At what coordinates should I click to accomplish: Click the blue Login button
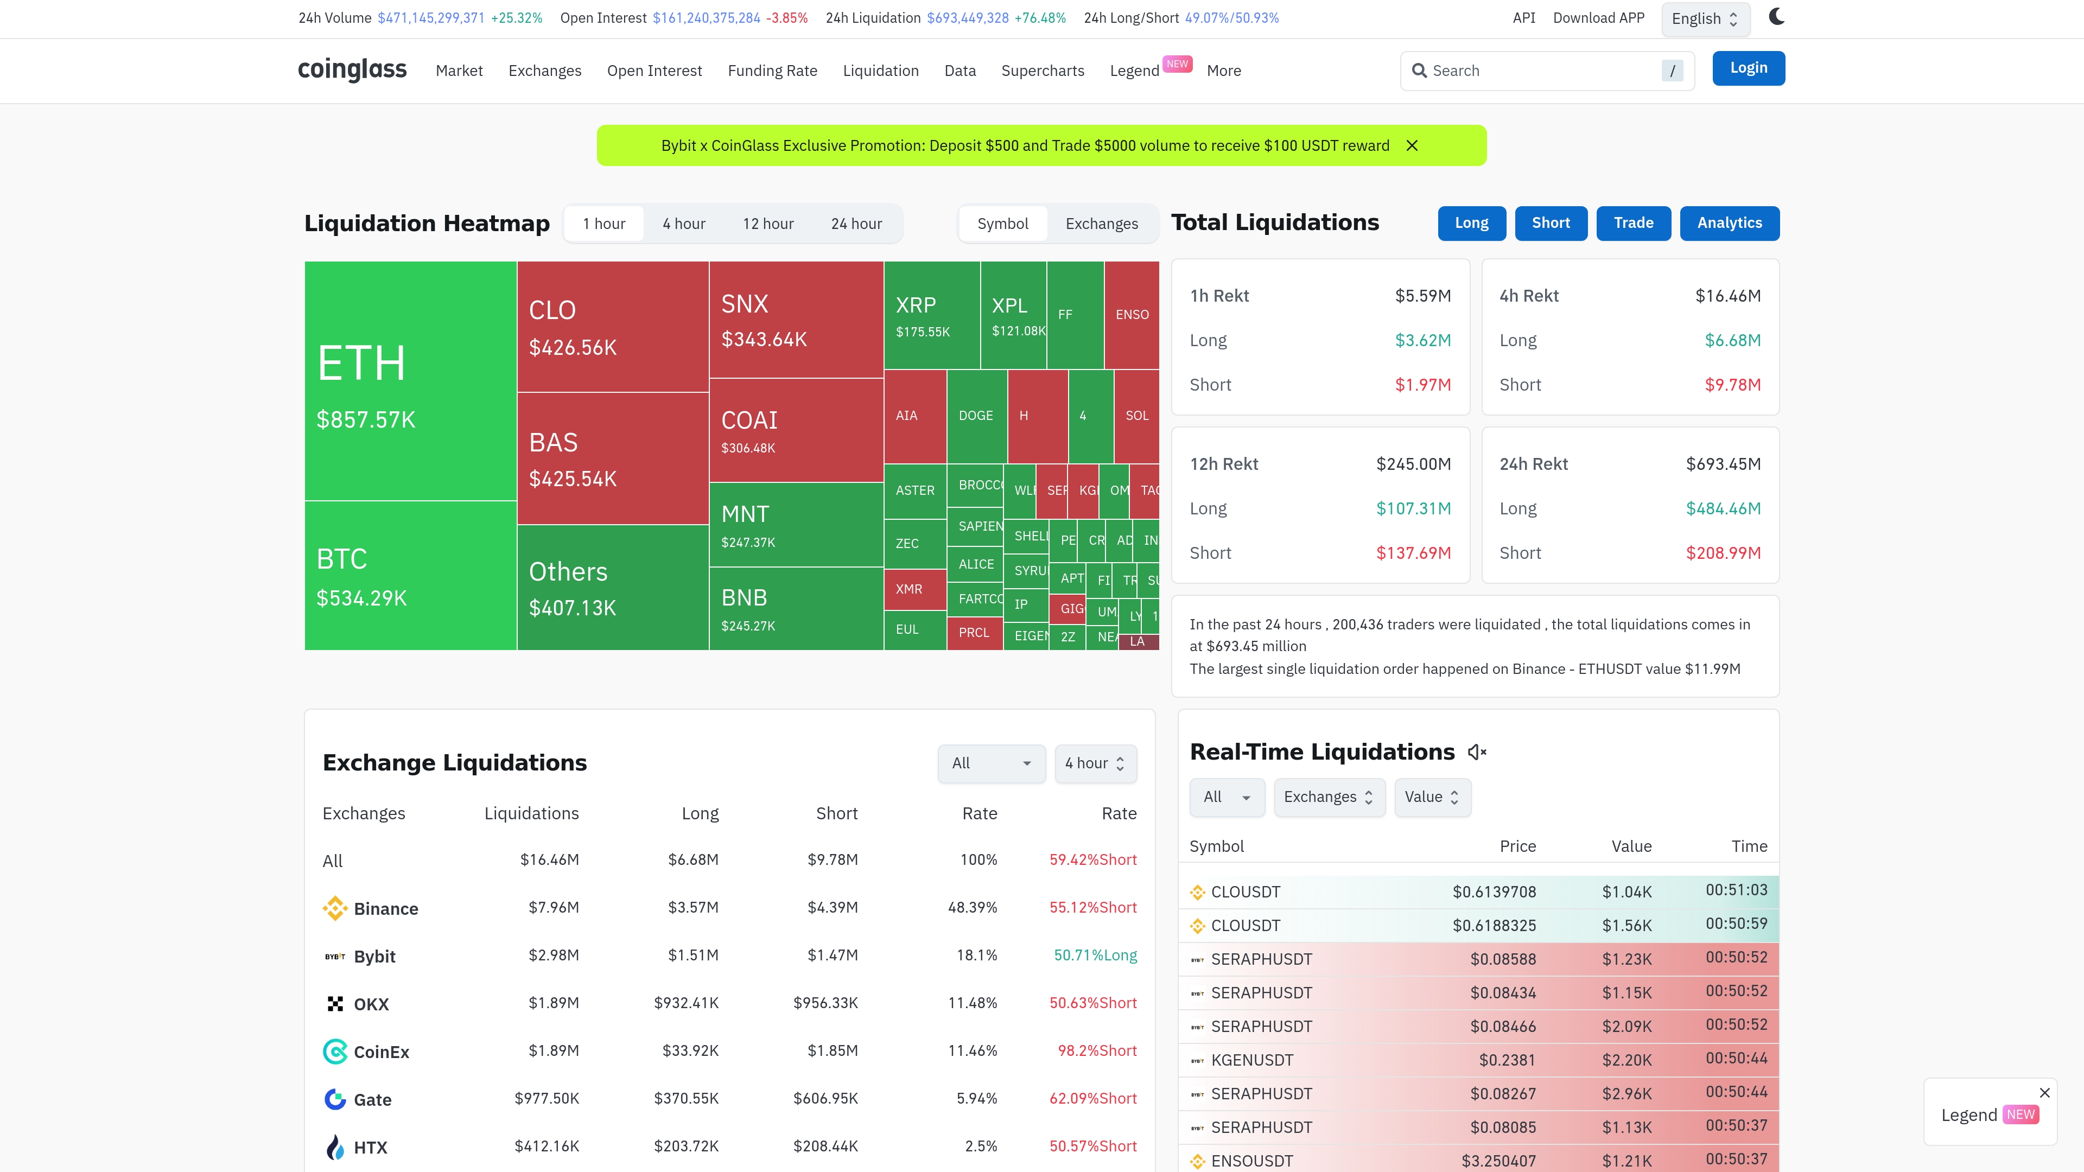1748,68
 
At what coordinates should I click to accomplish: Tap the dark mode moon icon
1777,17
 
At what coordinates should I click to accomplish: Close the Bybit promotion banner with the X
1412,145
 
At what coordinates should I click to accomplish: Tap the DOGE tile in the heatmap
976,416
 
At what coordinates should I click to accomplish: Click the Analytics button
1729,223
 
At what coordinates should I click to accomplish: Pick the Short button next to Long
1550,223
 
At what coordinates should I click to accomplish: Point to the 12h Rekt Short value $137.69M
1413,553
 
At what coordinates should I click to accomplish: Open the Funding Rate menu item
772,71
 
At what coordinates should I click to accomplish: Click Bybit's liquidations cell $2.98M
554,955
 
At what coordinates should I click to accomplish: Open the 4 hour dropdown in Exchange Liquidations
1095,763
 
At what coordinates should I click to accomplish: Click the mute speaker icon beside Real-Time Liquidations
1476,752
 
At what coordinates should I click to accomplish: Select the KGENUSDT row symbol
1251,1060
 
